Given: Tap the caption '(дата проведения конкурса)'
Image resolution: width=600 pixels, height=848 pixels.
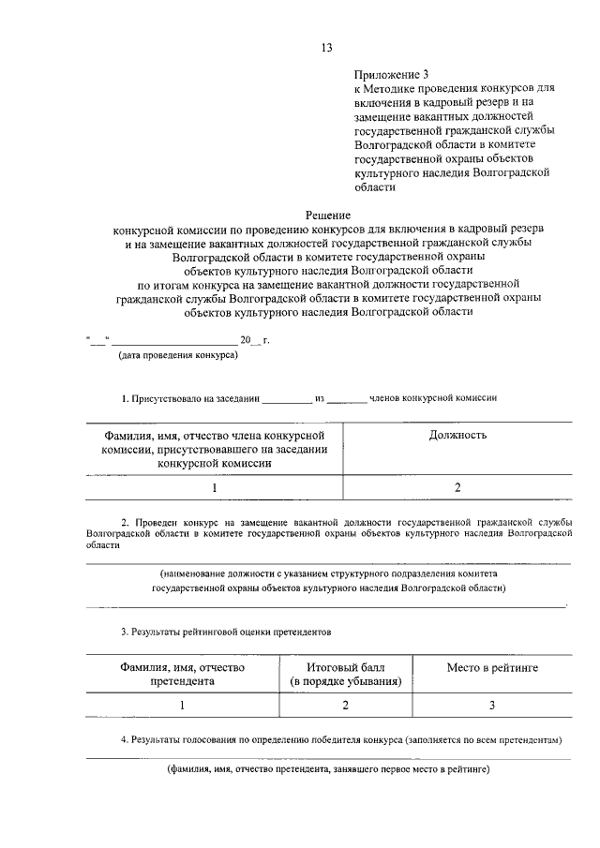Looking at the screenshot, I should (177, 355).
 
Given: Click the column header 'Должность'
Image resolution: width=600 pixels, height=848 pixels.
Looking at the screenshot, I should (457, 435).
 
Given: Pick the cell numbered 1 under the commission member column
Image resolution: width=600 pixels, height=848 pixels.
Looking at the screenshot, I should (214, 487).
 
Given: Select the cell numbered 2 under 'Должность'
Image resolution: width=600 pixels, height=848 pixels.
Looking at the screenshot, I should (457, 487).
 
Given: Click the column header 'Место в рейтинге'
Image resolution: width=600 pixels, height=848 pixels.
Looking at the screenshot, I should (492, 667).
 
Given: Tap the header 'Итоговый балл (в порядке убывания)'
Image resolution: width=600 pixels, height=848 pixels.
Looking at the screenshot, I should (345, 675).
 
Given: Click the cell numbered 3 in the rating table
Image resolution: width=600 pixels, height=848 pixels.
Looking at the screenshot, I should (492, 705).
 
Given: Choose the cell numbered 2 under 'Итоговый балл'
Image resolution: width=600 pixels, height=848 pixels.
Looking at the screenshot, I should (345, 705).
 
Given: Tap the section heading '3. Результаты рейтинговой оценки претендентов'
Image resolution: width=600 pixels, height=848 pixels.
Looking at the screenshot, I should (226, 632).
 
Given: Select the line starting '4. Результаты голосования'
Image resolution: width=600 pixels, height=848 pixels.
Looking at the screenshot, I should (341, 739).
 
